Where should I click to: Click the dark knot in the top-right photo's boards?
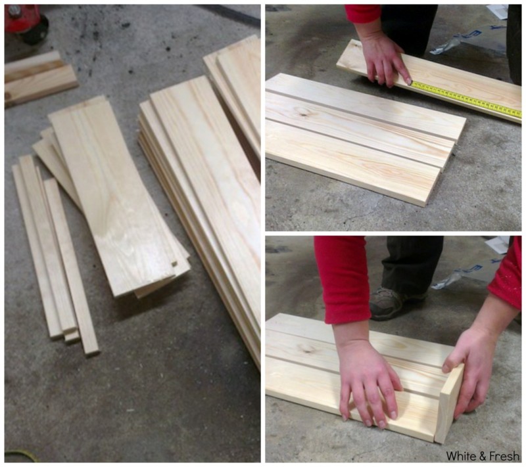(304, 112)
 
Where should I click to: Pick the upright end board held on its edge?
(449, 405)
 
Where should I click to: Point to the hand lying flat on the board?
(369, 382)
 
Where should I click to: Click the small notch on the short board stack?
(174, 263)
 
